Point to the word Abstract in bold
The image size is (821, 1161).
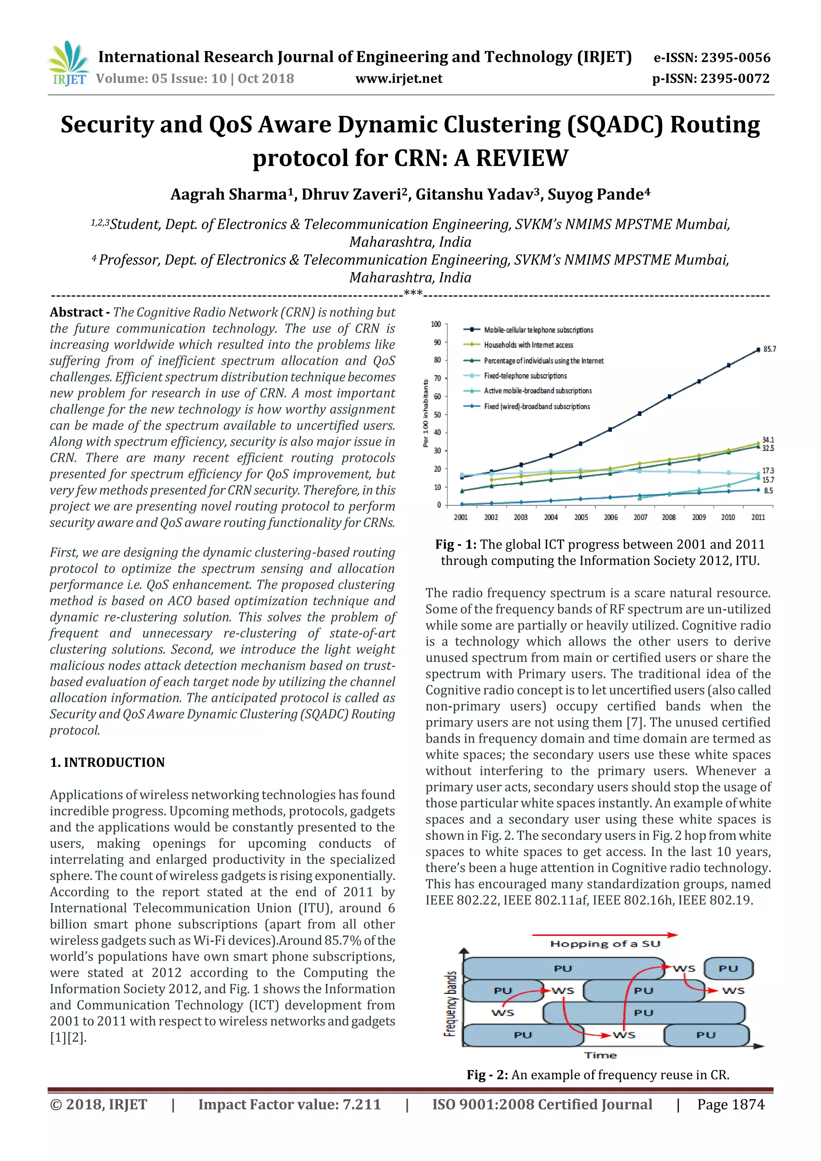(77, 312)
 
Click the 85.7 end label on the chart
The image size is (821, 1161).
(769, 349)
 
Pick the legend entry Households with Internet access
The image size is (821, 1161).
(528, 345)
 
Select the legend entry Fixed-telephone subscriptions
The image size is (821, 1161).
(525, 376)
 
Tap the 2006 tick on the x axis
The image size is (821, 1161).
(611, 517)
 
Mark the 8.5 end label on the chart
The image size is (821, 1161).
(768, 491)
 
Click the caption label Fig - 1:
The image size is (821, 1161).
(455, 544)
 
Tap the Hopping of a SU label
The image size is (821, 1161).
(605, 944)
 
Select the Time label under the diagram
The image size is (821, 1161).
(601, 1055)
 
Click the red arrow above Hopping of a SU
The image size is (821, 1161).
(605, 935)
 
